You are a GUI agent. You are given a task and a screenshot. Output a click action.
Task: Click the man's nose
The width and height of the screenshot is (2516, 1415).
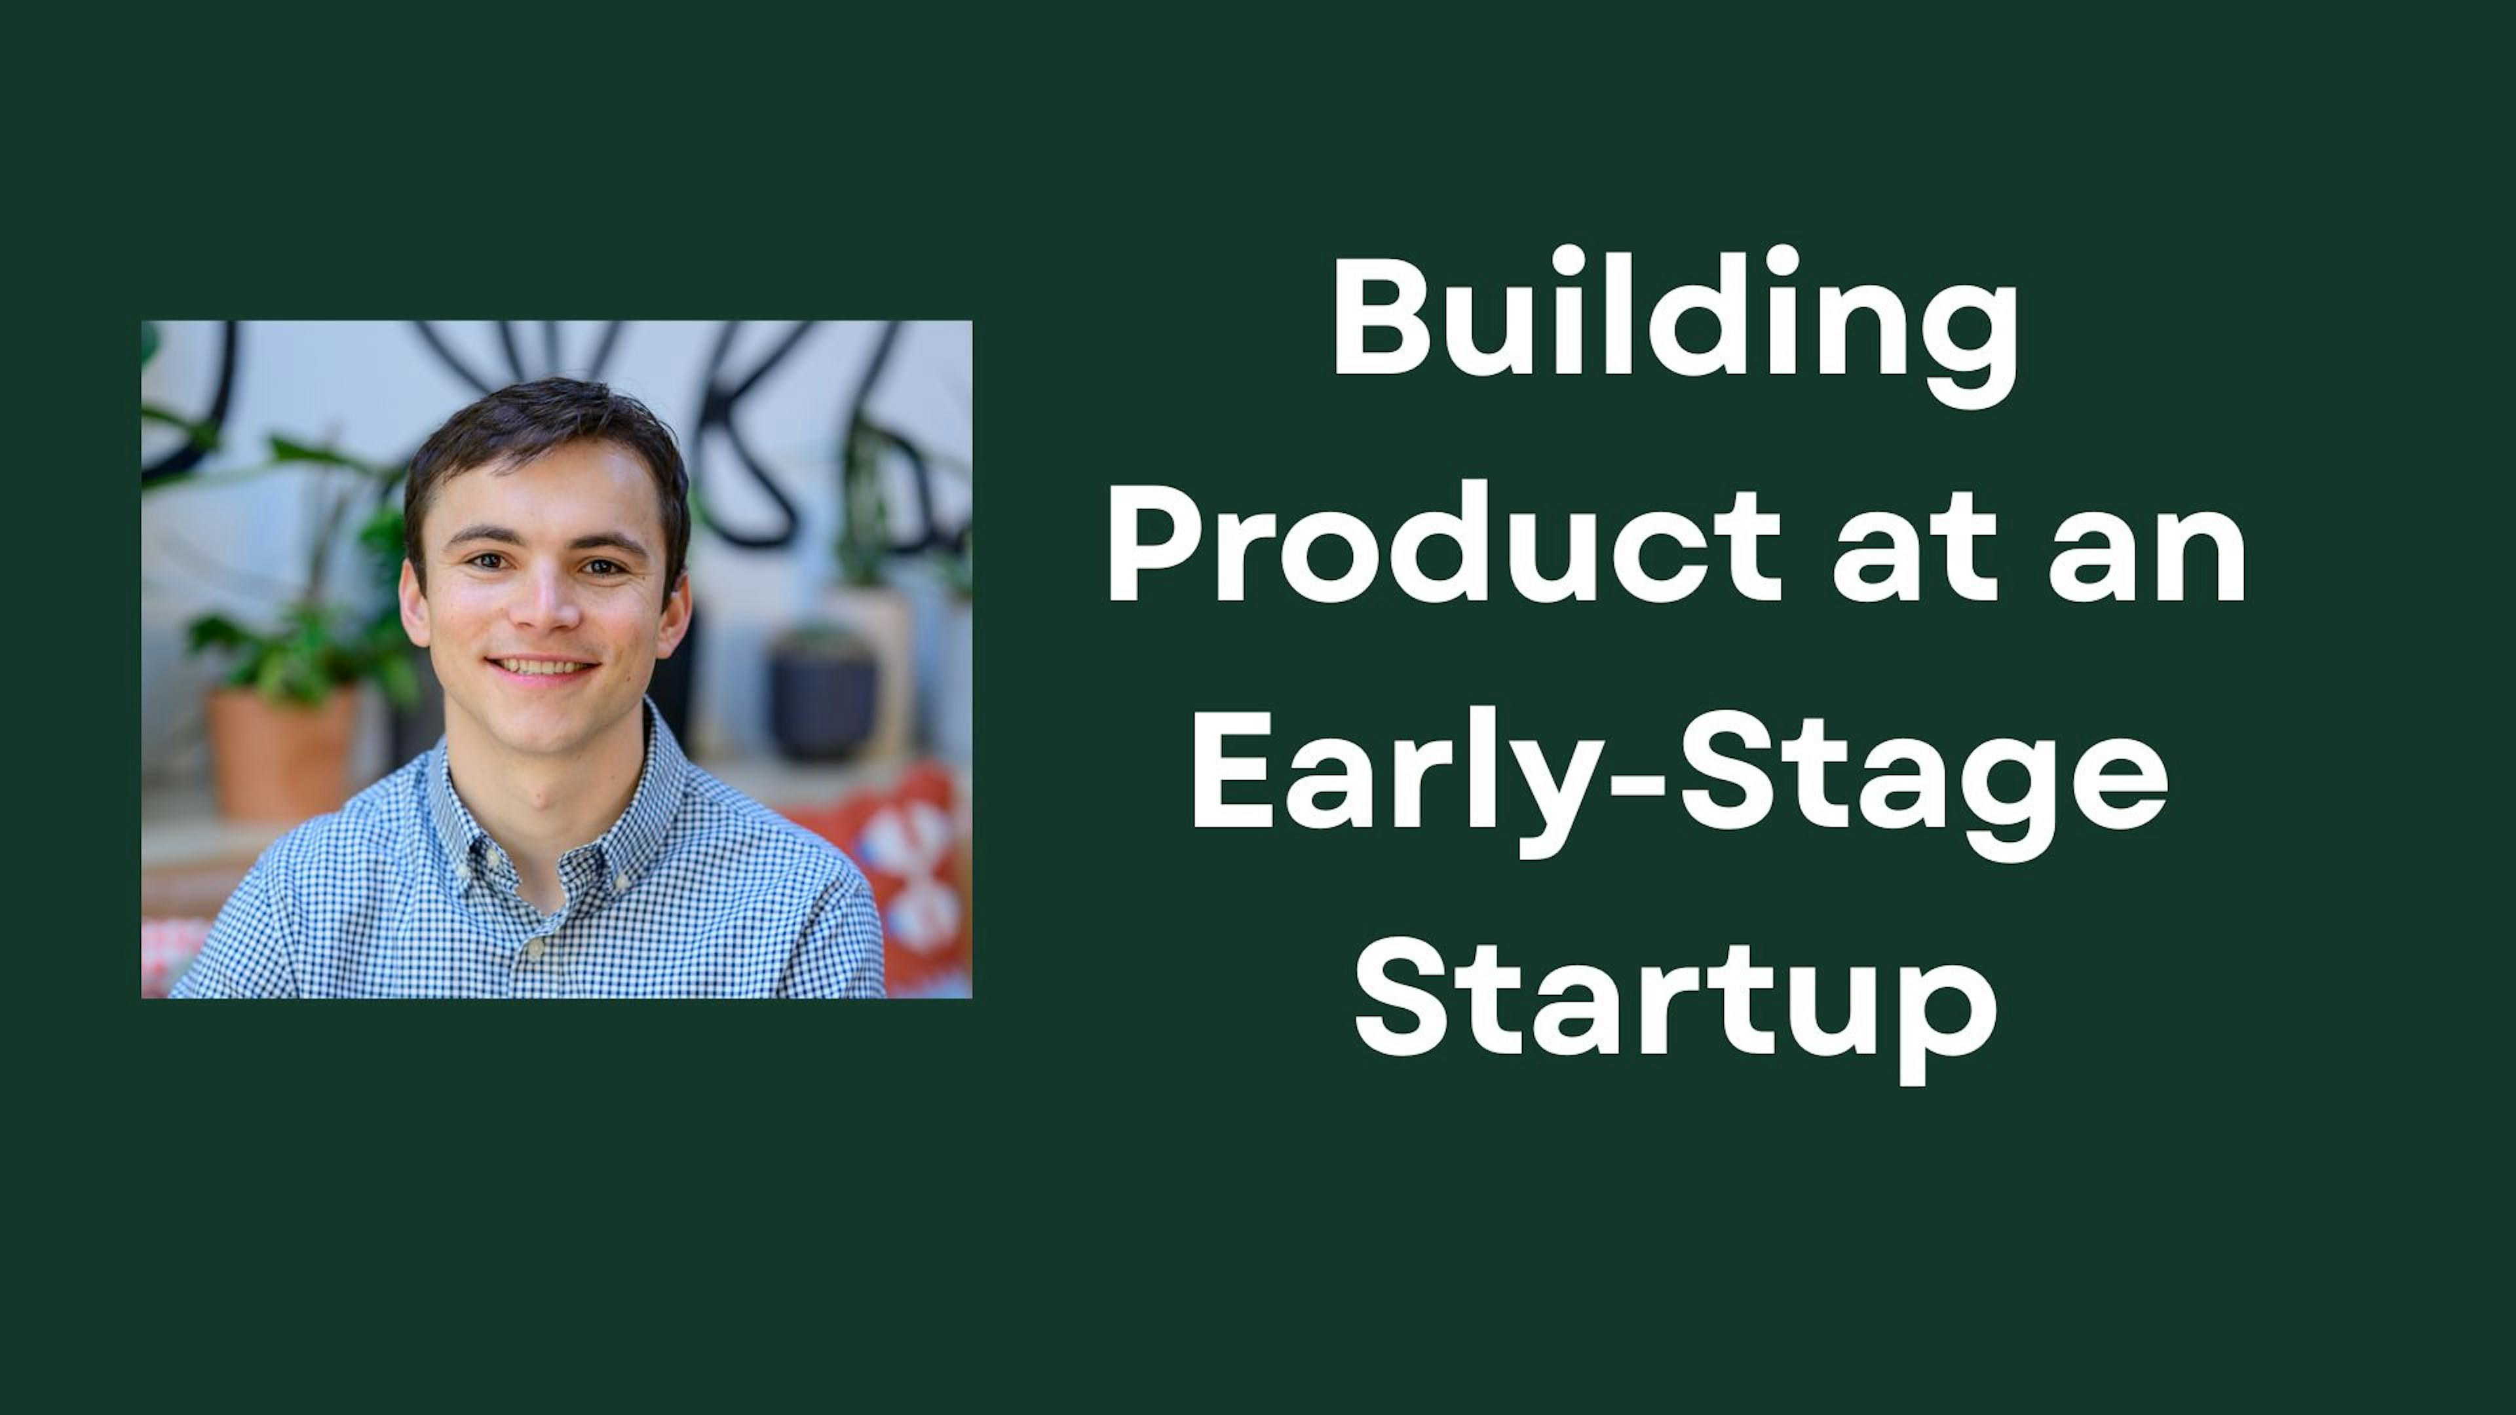pyautogui.click(x=549, y=611)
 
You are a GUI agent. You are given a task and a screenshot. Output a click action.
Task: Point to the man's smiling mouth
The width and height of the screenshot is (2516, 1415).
pyautogui.click(x=543, y=669)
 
